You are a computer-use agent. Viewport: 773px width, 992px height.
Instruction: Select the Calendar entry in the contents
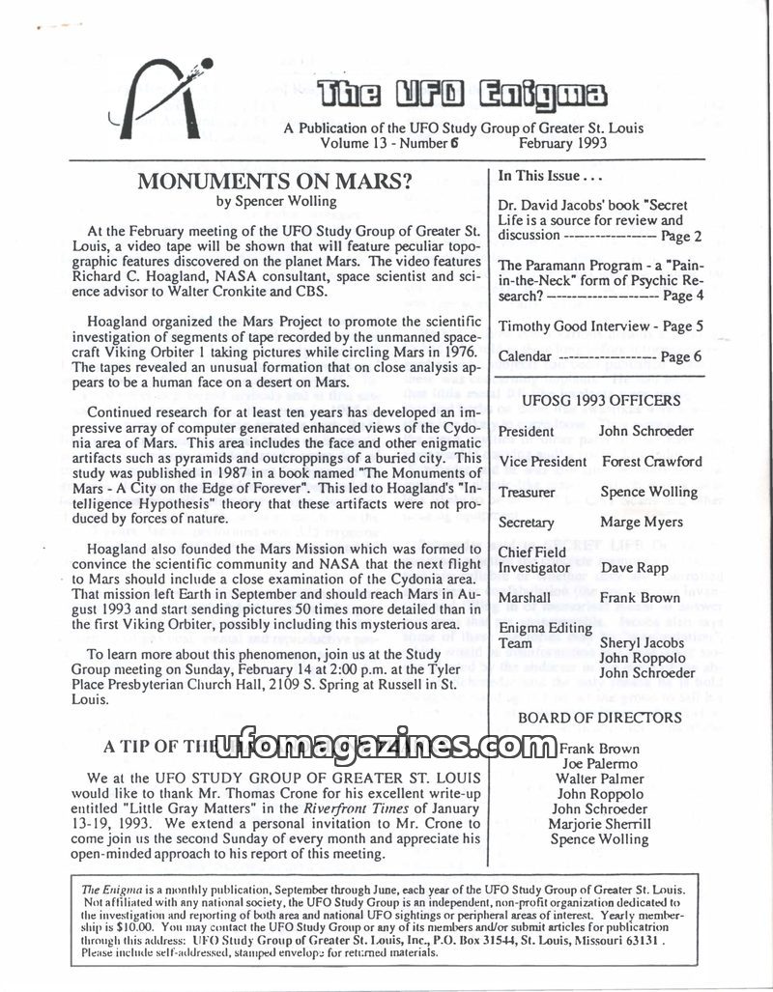[525, 356]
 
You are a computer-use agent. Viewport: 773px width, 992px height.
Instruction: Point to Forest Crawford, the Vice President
[651, 462]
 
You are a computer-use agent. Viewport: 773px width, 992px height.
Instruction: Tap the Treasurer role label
[527, 493]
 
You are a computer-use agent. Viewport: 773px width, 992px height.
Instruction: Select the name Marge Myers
[641, 523]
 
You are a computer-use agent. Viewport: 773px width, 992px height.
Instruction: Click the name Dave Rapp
[635, 568]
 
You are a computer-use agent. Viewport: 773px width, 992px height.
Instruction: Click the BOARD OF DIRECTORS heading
[600, 718]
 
